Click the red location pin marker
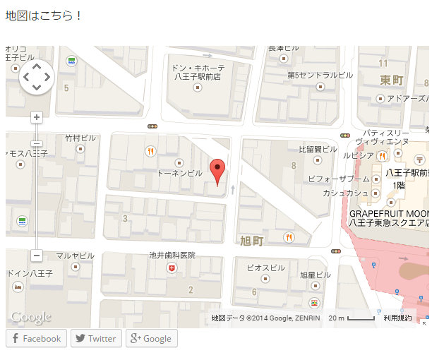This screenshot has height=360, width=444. [x=219, y=170]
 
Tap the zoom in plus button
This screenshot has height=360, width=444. [x=37, y=117]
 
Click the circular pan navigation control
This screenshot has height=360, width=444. [x=36, y=77]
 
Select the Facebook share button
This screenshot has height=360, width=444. [x=36, y=338]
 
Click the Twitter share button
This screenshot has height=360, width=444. [x=96, y=338]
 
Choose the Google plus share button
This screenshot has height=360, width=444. [x=151, y=338]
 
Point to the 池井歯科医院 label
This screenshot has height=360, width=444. [x=172, y=256]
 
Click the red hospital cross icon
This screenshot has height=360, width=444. [x=172, y=269]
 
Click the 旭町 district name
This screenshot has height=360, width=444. [x=251, y=241]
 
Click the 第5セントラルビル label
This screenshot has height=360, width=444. [x=320, y=75]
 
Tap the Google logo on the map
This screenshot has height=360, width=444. [x=30, y=317]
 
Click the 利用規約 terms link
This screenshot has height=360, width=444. [x=397, y=318]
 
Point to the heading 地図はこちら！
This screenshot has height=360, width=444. [x=44, y=15]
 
